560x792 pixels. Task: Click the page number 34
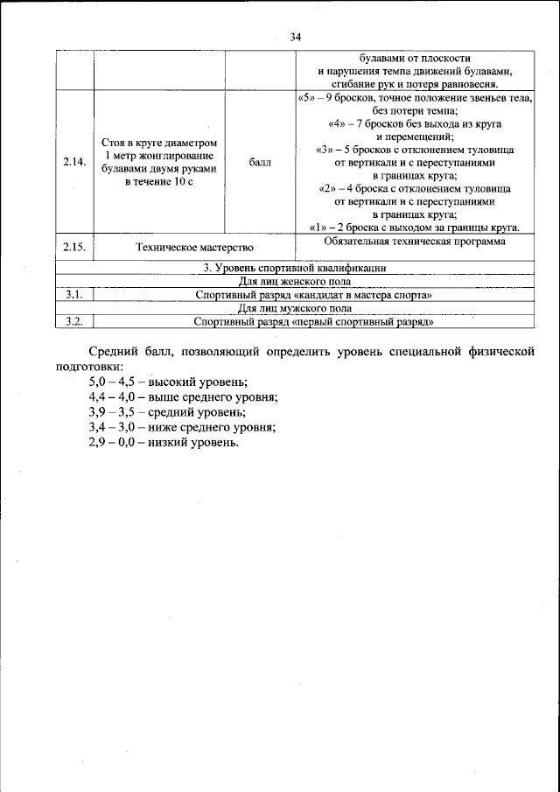pyautogui.click(x=295, y=37)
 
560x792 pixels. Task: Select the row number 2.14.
pyautogui.click(x=74, y=162)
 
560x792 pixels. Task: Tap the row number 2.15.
pyautogui.click(x=74, y=248)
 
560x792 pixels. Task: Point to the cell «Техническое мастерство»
pyautogui.click(x=188, y=248)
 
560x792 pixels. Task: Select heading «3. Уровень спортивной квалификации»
pyautogui.click(x=294, y=268)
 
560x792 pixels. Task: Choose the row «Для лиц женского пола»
pyautogui.click(x=294, y=282)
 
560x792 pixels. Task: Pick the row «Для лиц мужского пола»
pyautogui.click(x=294, y=308)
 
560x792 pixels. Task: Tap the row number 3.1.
pyautogui.click(x=74, y=295)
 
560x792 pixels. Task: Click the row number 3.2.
pyautogui.click(x=74, y=321)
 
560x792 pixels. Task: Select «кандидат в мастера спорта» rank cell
pyautogui.click(x=313, y=295)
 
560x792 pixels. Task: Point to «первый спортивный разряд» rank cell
pyautogui.click(x=313, y=321)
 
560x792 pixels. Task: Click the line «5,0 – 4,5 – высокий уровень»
pyautogui.click(x=168, y=382)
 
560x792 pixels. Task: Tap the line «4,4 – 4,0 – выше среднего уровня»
pyautogui.click(x=183, y=397)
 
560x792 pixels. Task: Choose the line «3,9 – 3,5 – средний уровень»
pyautogui.click(x=167, y=412)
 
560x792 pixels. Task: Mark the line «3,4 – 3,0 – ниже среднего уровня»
pyautogui.click(x=182, y=427)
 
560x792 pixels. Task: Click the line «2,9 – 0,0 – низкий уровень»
pyautogui.click(x=163, y=442)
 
